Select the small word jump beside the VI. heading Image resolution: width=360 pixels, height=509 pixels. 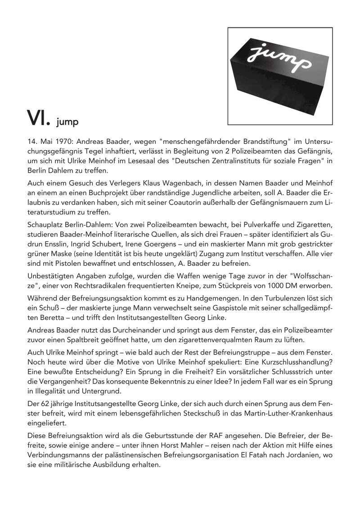(68, 121)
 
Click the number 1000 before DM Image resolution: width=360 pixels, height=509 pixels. (265, 286)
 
